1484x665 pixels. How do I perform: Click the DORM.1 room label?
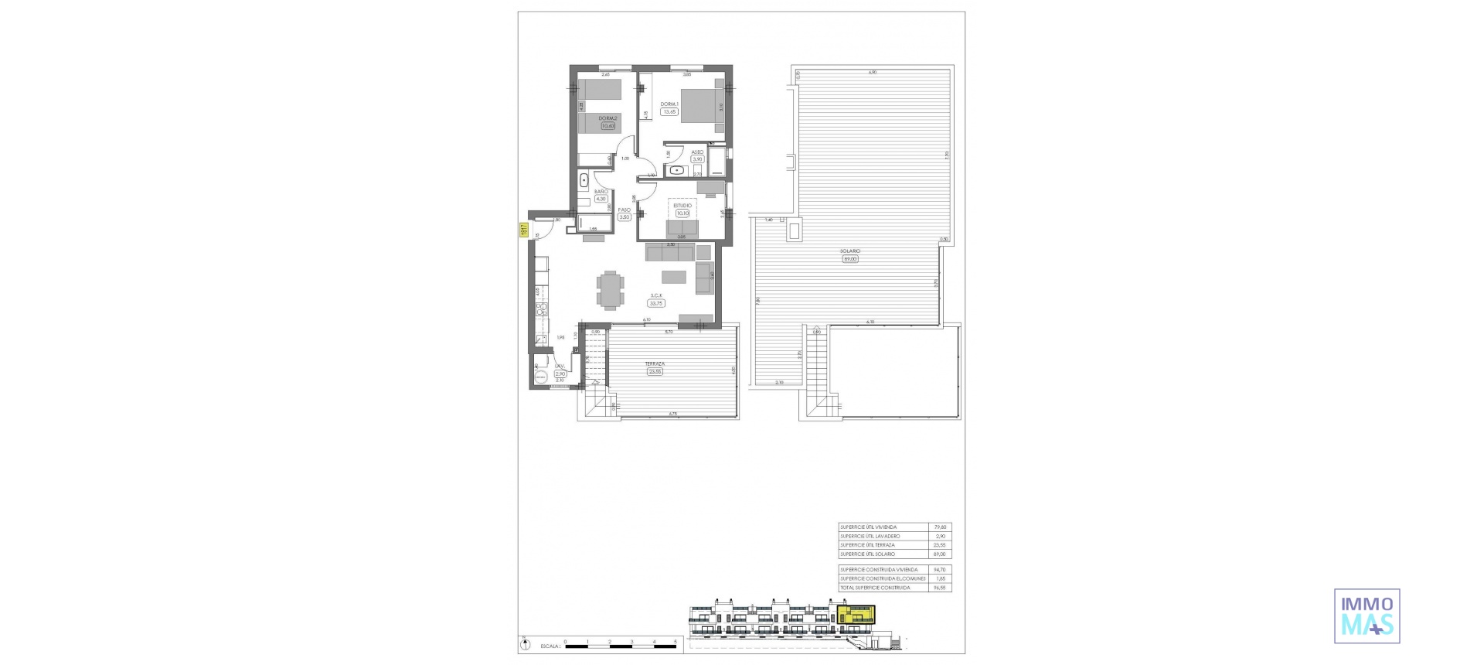coord(669,104)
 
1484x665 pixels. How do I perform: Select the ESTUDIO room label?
coord(682,206)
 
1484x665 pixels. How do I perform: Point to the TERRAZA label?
coord(655,363)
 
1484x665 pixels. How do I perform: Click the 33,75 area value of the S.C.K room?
coord(657,303)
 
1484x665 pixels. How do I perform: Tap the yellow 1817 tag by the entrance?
coord(523,230)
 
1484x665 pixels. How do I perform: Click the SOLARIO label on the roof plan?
coord(851,251)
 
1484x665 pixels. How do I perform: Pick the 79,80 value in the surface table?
coord(940,527)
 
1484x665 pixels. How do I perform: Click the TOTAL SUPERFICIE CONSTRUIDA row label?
coord(875,588)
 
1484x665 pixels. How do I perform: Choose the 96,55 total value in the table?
coord(940,588)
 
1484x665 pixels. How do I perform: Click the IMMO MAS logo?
coord(1367,616)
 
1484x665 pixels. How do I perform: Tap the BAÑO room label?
coord(601,191)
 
